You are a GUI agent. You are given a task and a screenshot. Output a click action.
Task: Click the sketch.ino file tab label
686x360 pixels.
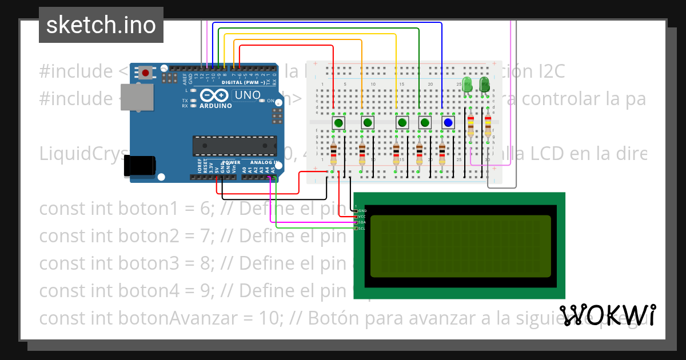[x=101, y=25]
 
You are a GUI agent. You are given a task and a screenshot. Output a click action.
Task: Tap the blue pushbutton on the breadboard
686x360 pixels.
[x=448, y=122]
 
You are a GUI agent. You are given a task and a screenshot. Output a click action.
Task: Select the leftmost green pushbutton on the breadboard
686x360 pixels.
[x=339, y=122]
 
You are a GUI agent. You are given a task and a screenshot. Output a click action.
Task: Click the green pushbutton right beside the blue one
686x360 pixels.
[x=425, y=122]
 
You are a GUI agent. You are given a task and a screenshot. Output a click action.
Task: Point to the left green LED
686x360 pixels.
[x=467, y=85]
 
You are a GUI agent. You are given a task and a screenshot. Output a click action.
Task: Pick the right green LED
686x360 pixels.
[x=485, y=85]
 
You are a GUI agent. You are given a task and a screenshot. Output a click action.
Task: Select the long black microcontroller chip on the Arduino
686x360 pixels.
[x=234, y=146]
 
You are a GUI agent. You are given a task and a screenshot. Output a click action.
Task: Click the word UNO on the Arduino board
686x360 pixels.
[x=248, y=95]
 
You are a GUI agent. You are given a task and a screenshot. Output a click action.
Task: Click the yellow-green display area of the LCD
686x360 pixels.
[x=460, y=246]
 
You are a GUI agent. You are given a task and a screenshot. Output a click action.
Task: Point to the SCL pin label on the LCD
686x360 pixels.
[x=362, y=229]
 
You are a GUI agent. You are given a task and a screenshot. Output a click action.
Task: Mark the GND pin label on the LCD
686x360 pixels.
[x=362, y=211]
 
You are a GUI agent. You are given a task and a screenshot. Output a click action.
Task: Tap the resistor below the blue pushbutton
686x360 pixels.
[x=442, y=154]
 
